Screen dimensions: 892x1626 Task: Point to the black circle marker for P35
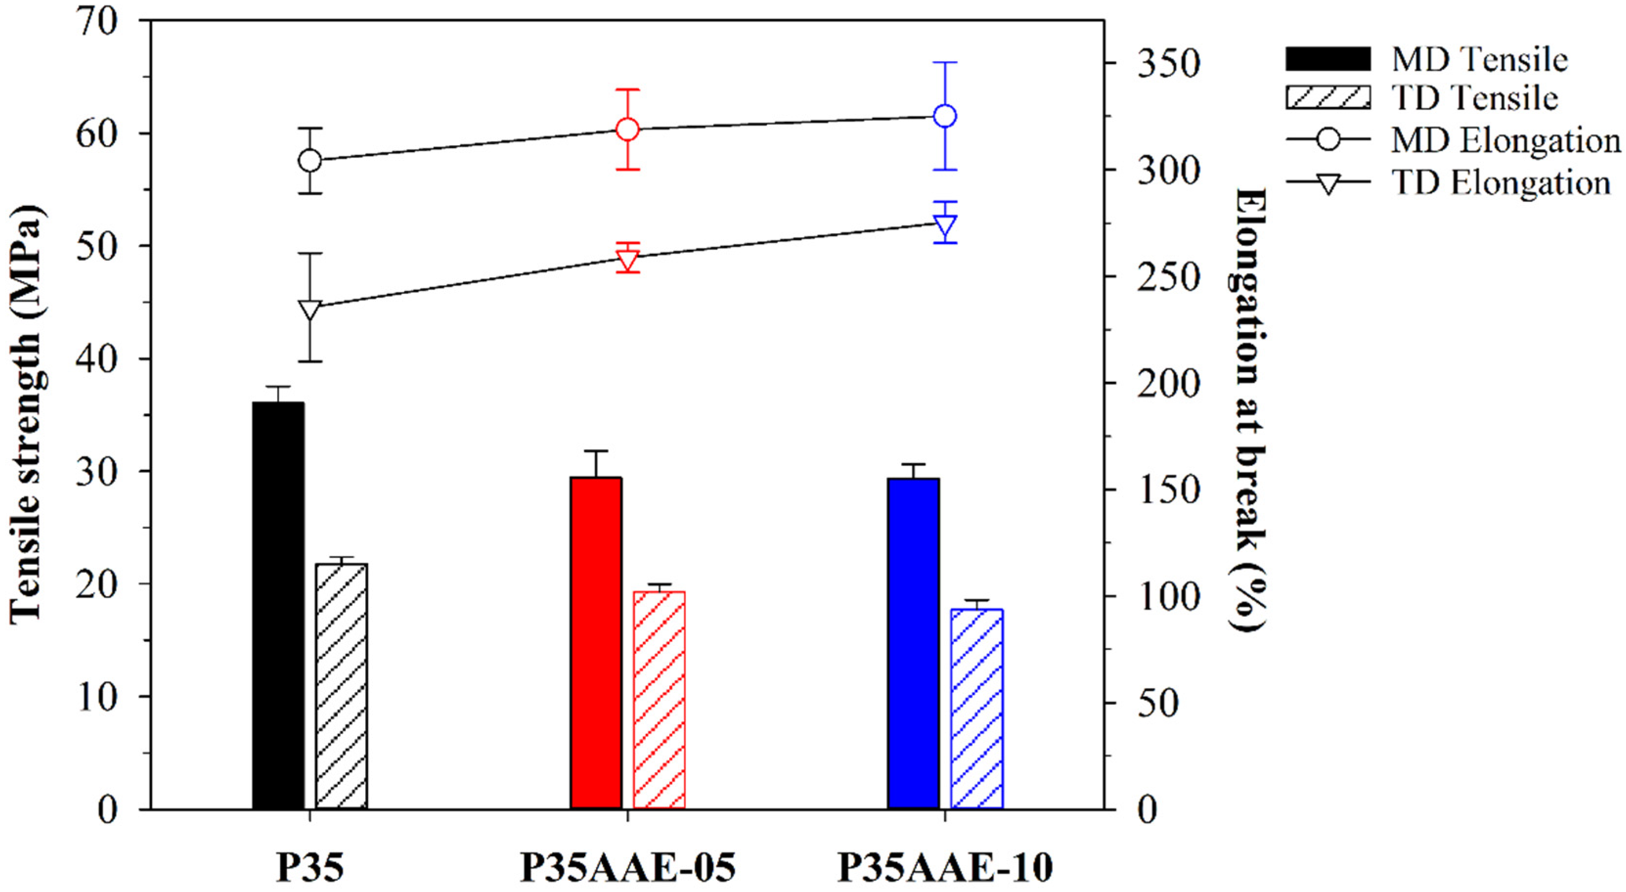tap(310, 161)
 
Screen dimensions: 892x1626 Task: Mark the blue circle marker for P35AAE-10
tap(945, 116)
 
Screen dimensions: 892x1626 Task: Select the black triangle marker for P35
tap(310, 310)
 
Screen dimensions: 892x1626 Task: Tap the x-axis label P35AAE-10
tap(945, 868)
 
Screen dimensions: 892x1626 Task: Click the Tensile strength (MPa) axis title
tap(26, 414)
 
